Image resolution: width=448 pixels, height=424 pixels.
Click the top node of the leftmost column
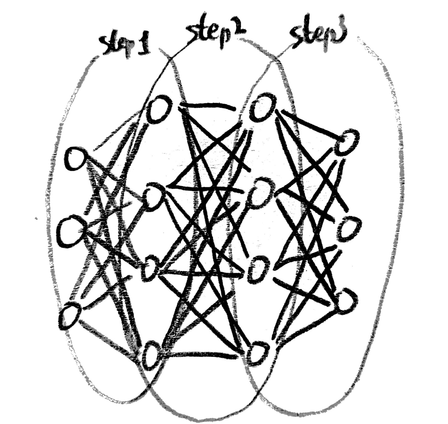pos(76,159)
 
